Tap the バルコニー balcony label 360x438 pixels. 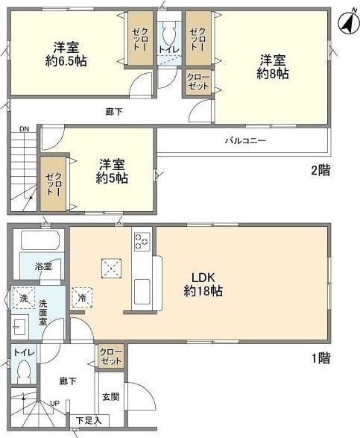point(246,140)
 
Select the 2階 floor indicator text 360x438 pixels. point(320,170)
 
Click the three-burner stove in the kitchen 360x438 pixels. point(142,242)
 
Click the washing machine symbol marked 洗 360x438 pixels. point(22,297)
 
